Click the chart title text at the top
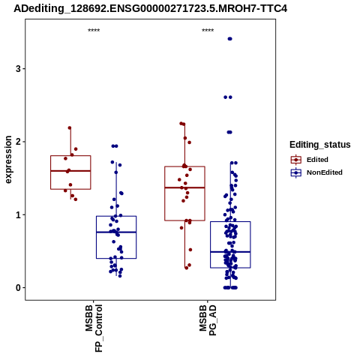tap(150, 9)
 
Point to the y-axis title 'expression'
tap(8, 160)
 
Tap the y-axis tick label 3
tap(18, 69)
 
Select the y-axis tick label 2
tap(18, 142)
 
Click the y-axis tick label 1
tap(18, 215)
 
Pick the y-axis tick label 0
tap(18, 288)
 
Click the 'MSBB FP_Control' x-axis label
tap(94, 328)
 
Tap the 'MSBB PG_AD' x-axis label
tap(208, 320)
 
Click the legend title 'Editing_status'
tap(320, 145)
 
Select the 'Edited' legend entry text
tap(317, 160)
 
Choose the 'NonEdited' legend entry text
tap(325, 172)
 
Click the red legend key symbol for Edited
tap(296, 160)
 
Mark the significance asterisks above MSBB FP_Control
tap(94, 31)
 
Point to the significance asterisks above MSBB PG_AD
tap(208, 31)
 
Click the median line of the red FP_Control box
tap(70, 171)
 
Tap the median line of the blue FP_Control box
tap(116, 232)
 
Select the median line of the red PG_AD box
tap(184, 187)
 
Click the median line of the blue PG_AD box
tap(230, 252)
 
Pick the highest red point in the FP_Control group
tap(70, 128)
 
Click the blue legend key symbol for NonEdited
tap(296, 172)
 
